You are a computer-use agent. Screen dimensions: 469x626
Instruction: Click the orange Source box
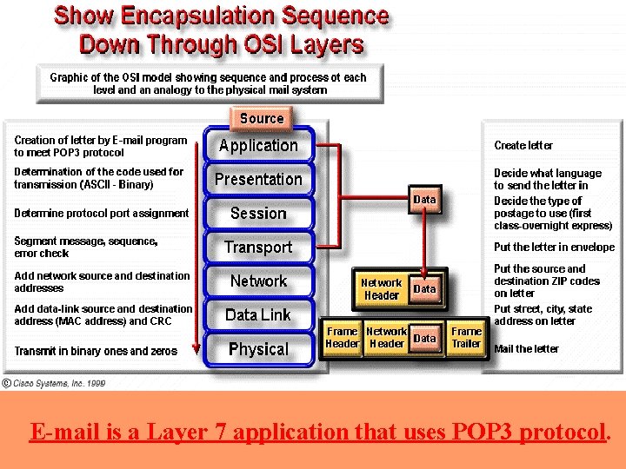[262, 118]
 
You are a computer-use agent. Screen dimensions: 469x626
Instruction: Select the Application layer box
[258, 146]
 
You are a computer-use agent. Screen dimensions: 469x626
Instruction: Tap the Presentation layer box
[258, 180]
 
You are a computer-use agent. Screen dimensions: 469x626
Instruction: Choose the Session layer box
[258, 214]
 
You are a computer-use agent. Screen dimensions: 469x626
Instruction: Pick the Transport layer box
[258, 248]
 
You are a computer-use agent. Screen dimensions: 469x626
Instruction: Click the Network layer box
[258, 281]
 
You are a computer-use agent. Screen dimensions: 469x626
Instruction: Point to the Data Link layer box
[258, 315]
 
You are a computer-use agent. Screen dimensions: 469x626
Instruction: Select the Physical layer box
[258, 349]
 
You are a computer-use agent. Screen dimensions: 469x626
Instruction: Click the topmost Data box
[424, 200]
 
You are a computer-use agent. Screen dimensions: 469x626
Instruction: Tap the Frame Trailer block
[466, 338]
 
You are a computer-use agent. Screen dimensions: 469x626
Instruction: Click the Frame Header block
[343, 338]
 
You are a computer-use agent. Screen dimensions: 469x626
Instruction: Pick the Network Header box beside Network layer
[381, 289]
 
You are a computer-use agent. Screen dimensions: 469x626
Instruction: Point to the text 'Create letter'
[523, 146]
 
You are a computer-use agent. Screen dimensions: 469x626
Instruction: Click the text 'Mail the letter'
[527, 349]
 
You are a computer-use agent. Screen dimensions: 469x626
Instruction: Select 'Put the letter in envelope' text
[554, 248]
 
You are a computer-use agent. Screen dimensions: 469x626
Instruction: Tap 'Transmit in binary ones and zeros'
[96, 352]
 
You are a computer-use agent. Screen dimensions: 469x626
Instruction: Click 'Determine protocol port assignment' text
[102, 214]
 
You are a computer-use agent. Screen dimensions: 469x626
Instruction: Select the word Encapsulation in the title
[183, 17]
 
